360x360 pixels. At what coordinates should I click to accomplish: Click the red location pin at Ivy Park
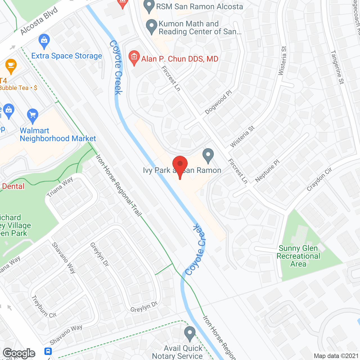(x=180, y=166)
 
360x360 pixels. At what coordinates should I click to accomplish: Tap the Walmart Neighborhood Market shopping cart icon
(x=33, y=115)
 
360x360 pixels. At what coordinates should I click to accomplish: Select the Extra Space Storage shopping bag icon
(x=44, y=41)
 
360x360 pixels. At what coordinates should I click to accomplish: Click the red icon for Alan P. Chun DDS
(x=134, y=57)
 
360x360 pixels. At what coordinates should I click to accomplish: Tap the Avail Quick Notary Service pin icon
(x=190, y=334)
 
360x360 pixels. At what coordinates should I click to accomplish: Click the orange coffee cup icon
(x=11, y=66)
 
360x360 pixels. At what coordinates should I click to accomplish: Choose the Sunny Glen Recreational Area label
(x=298, y=256)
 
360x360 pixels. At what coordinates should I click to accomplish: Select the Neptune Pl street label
(x=267, y=171)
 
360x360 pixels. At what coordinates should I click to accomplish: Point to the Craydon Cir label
(x=319, y=179)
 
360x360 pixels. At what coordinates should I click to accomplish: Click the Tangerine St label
(x=337, y=67)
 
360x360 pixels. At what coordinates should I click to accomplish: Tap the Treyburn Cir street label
(x=44, y=306)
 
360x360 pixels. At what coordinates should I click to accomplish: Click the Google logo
(x=19, y=353)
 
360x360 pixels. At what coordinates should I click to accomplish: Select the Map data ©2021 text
(x=336, y=356)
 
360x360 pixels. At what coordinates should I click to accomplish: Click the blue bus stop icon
(x=48, y=351)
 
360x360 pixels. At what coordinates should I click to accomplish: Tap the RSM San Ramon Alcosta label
(x=199, y=6)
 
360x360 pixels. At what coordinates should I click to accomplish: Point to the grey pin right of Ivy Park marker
(x=208, y=155)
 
